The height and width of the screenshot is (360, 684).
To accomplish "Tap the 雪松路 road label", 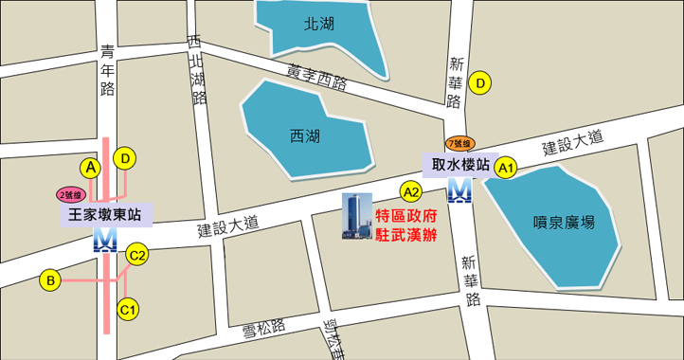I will [x=264, y=328].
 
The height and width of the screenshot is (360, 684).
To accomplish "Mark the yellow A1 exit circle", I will [x=506, y=168].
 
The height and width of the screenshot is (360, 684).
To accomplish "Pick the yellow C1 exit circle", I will [x=128, y=308].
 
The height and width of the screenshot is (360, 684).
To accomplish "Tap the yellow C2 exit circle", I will [x=137, y=254].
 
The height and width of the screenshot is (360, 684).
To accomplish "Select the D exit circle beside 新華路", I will [x=482, y=83].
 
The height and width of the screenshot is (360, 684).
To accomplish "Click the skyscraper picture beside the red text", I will [x=357, y=217].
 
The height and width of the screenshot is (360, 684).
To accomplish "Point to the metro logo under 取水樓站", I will [x=460, y=192].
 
